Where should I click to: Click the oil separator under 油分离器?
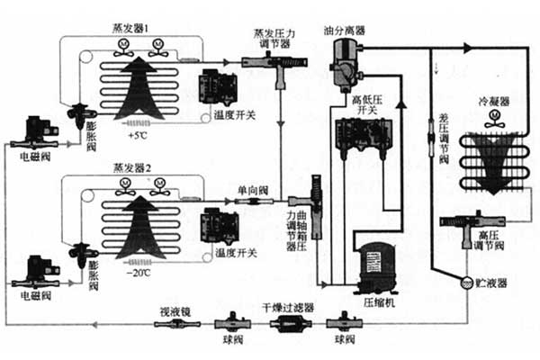tap(343, 65)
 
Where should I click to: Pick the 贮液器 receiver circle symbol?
tap(466, 282)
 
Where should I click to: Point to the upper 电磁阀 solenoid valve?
tap(37, 130)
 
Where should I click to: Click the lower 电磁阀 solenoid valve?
tap(37, 268)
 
